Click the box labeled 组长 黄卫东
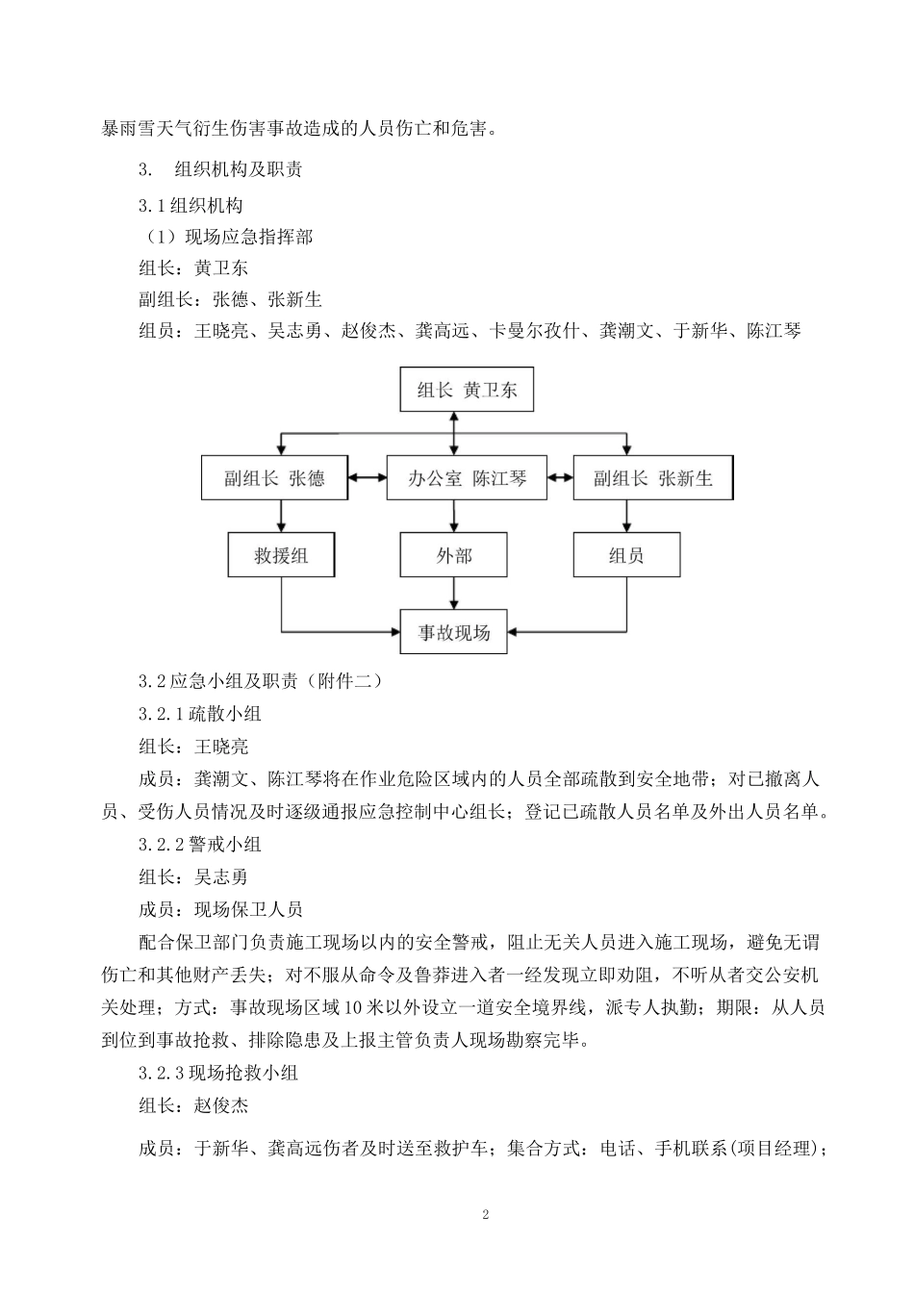click(x=467, y=390)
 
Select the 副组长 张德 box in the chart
click(x=274, y=478)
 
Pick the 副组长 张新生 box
click(x=652, y=478)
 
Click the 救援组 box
click(x=281, y=555)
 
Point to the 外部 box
click(x=453, y=555)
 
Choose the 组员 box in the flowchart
click(x=626, y=555)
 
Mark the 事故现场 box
click(x=454, y=632)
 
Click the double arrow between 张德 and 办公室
click(x=368, y=478)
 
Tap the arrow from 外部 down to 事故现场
click(x=453, y=593)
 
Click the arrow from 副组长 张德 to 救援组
click(x=281, y=516)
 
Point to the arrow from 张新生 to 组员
click(x=626, y=516)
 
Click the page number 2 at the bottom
click(x=486, y=1214)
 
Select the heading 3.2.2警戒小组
click(x=200, y=845)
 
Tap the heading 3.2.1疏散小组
click(x=200, y=714)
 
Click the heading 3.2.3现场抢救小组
click(x=218, y=1073)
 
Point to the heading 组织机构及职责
click(x=239, y=170)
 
